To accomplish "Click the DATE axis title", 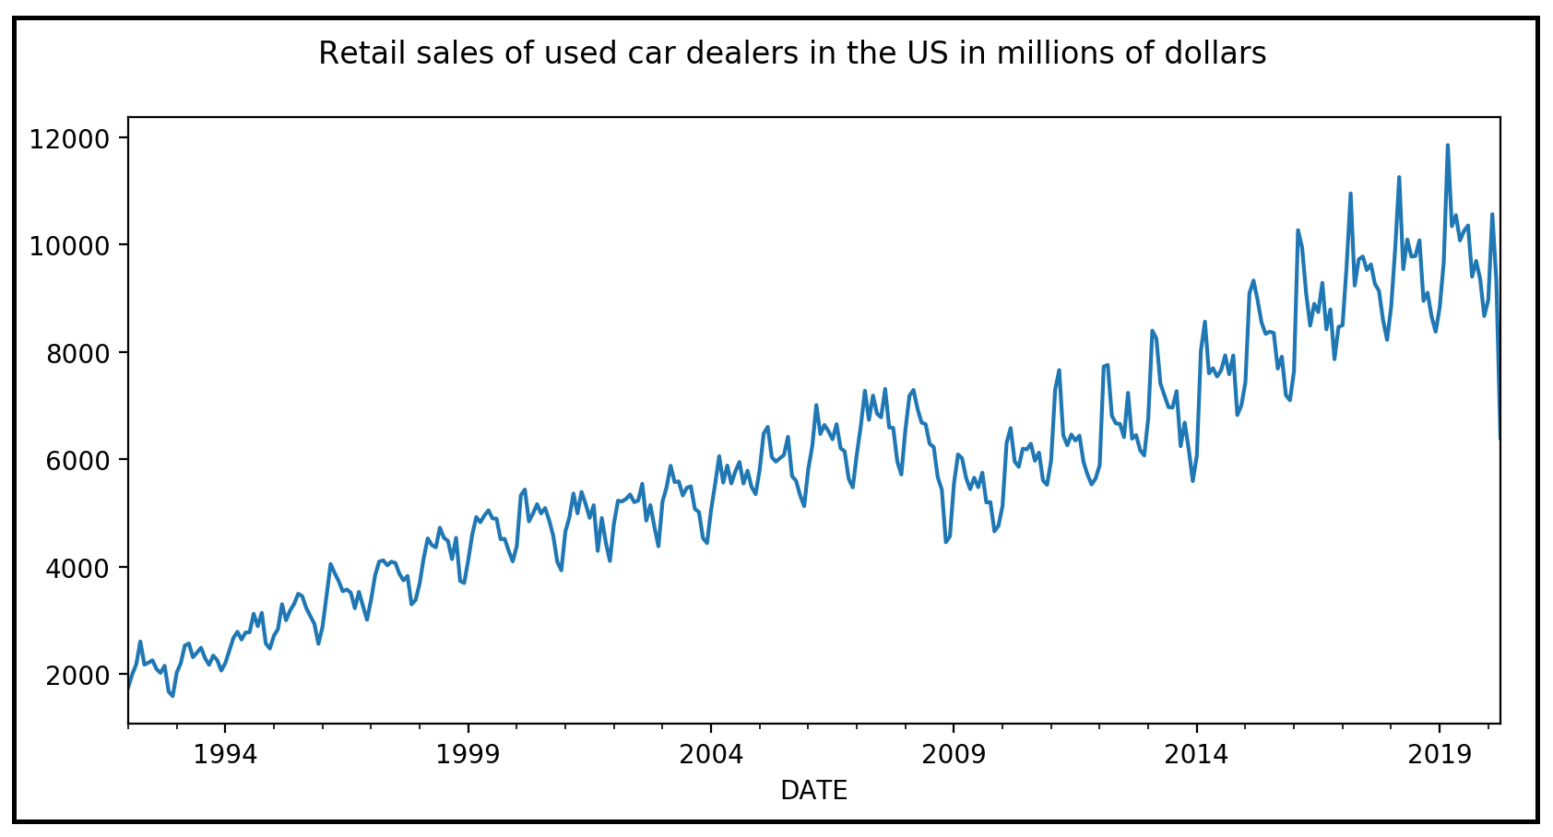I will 813,791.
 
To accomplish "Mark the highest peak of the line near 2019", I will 1447,145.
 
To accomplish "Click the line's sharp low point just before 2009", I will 945,541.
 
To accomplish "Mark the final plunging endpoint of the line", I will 1500,438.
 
